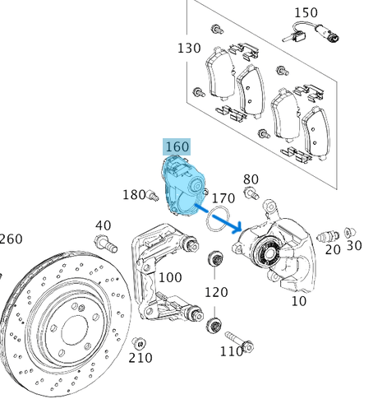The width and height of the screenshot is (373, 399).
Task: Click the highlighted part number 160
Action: coord(177,146)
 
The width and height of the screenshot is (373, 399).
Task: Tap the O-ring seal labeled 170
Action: coord(217,220)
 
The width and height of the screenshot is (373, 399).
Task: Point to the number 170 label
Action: coord(223,198)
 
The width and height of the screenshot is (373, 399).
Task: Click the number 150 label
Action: coord(306,12)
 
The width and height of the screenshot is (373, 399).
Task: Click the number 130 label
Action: coord(188,49)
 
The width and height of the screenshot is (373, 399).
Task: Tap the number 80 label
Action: coord(251,179)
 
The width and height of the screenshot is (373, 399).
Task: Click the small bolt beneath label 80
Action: coord(251,194)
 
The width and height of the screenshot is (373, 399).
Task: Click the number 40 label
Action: coord(103,225)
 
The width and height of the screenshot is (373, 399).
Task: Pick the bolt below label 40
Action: coord(104,243)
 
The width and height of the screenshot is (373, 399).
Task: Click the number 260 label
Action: coord(12,239)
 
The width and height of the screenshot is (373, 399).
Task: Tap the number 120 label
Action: coord(216,292)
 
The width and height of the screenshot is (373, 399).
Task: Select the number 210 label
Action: coord(140,358)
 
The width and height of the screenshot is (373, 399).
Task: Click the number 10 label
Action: coord(298,301)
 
